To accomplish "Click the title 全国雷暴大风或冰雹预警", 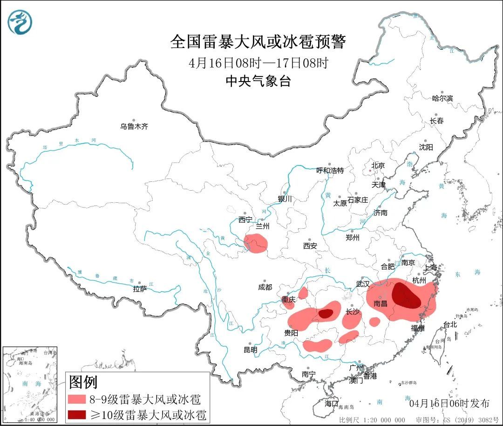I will click(258, 42).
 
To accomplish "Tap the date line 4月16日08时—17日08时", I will click(258, 63).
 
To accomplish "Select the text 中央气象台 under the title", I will click(258, 82).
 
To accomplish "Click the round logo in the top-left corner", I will click(20, 21).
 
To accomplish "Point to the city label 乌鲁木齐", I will click(134, 126).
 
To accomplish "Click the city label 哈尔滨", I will click(442, 98).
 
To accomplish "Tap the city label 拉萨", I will click(140, 289).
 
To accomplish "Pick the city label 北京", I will click(378, 165).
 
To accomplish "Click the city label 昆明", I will click(250, 350).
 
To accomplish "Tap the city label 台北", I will click(450, 325).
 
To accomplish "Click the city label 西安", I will click(310, 246).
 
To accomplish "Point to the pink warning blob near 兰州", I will click(256, 244).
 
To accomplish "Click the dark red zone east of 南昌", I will click(405, 296).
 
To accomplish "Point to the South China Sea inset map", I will click(30, 385).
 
